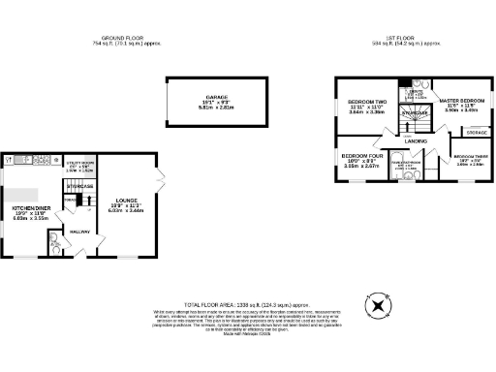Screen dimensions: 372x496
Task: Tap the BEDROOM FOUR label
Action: (362, 156)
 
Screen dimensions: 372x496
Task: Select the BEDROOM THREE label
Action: (469, 156)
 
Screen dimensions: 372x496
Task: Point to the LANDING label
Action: (417, 141)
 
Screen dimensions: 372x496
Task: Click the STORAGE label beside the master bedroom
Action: (475, 132)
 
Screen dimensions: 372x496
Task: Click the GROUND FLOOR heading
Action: (124, 38)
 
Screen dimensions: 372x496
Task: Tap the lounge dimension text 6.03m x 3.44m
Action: (125, 210)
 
